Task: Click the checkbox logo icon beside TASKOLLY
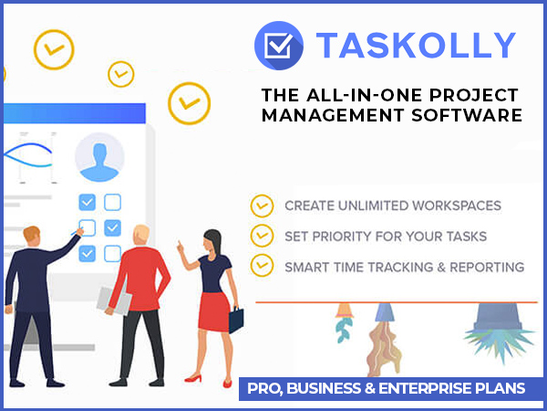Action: pyautogui.click(x=279, y=46)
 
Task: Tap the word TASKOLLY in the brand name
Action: pyautogui.click(x=416, y=45)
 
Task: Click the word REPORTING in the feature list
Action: pyautogui.click(x=487, y=268)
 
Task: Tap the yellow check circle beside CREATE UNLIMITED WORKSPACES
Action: pyautogui.click(x=262, y=205)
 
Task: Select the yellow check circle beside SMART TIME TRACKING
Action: pyautogui.click(x=262, y=265)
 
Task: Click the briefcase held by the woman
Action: pyautogui.click(x=236, y=320)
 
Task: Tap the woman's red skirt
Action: pyautogui.click(x=214, y=311)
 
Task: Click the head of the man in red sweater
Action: pyautogui.click(x=141, y=235)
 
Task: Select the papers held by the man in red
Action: pyautogui.click(x=114, y=300)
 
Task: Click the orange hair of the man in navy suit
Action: pyautogui.click(x=31, y=233)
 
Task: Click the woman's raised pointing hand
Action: pyautogui.click(x=181, y=248)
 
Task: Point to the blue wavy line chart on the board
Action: pyautogui.click(x=28, y=155)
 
